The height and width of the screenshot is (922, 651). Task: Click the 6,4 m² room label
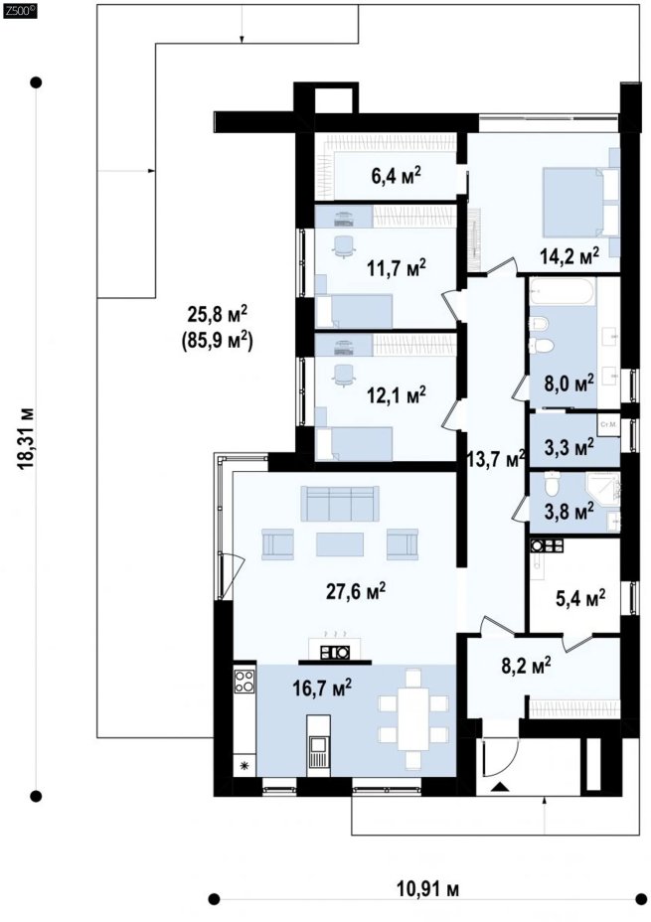(x=396, y=175)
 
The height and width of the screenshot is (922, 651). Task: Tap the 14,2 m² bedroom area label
(x=570, y=255)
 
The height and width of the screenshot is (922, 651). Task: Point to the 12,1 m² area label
(x=397, y=395)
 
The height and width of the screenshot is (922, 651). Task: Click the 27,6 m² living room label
(x=356, y=591)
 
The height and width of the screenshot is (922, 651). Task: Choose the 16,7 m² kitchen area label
(x=322, y=687)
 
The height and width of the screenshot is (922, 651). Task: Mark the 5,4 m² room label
(x=580, y=599)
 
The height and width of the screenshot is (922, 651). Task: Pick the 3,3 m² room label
(x=569, y=447)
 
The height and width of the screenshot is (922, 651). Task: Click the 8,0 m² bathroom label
(x=569, y=383)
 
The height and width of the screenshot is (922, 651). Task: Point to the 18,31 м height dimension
(x=26, y=438)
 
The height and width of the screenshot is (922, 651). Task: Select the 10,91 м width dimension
(x=427, y=889)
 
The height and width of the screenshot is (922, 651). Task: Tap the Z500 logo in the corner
(x=20, y=9)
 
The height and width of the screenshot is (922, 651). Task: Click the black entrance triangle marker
(x=500, y=787)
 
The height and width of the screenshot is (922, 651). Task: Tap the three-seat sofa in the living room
(x=339, y=504)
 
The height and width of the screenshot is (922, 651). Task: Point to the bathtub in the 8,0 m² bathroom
(x=564, y=292)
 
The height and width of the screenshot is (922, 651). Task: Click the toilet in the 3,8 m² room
(x=551, y=483)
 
